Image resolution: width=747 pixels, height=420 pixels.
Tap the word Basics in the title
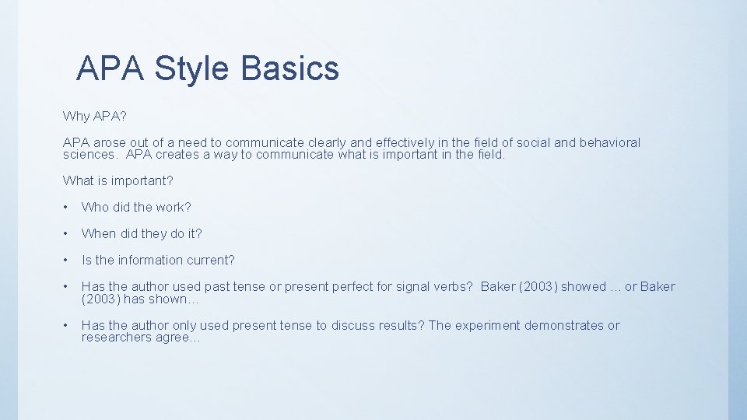(290, 68)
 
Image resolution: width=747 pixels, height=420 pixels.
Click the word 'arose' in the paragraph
(110, 142)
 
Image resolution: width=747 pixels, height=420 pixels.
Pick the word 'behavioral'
(608, 142)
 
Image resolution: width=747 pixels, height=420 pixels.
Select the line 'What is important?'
(118, 180)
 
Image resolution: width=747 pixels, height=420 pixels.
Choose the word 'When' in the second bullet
(98, 233)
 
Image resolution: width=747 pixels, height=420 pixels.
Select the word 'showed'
(584, 286)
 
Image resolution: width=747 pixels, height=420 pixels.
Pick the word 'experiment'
(486, 325)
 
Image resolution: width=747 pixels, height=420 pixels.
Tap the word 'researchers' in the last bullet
(116, 338)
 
